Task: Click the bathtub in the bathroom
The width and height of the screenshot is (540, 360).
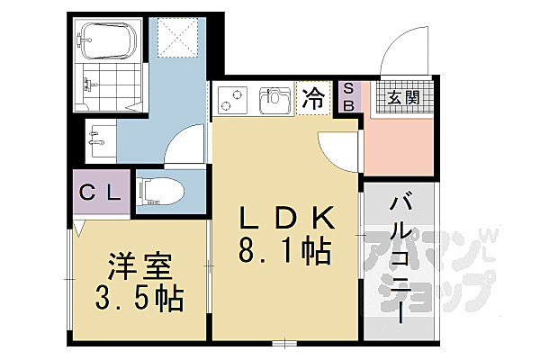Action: click(x=107, y=39)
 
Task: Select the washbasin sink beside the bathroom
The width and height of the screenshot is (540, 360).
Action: click(x=97, y=138)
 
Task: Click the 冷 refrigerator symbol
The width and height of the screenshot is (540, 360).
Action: click(x=313, y=96)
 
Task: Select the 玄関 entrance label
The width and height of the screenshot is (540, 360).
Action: click(x=401, y=97)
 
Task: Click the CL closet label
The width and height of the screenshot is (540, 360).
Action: click(x=101, y=192)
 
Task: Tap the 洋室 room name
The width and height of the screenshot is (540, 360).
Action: click(x=140, y=268)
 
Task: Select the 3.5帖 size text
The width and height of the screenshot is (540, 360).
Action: click(x=140, y=297)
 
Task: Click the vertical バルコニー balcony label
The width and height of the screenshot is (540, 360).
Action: click(x=400, y=261)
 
